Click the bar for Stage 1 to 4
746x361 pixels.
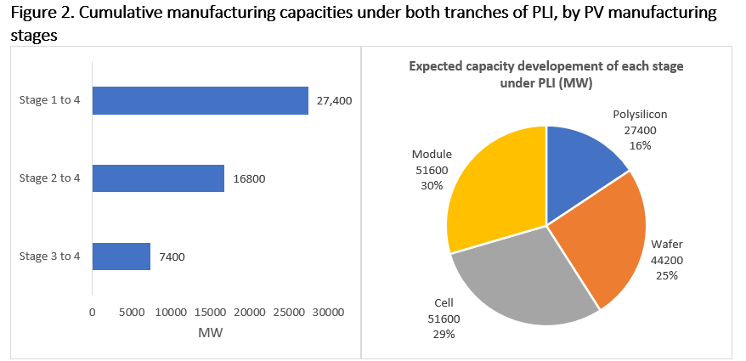coord(200,100)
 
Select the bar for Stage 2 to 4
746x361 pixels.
coord(158,178)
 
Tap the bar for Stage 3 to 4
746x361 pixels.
coord(121,257)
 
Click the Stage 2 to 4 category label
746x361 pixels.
coord(49,178)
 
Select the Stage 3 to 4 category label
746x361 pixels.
coord(49,257)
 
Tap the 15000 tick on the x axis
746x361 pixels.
coord(210,312)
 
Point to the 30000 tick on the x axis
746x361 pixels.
coord(327,312)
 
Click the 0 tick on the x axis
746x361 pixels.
coord(93,312)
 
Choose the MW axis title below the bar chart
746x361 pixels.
coord(210,333)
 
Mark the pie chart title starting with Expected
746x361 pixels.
coord(546,74)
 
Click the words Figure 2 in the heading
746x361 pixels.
coord(39,14)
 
